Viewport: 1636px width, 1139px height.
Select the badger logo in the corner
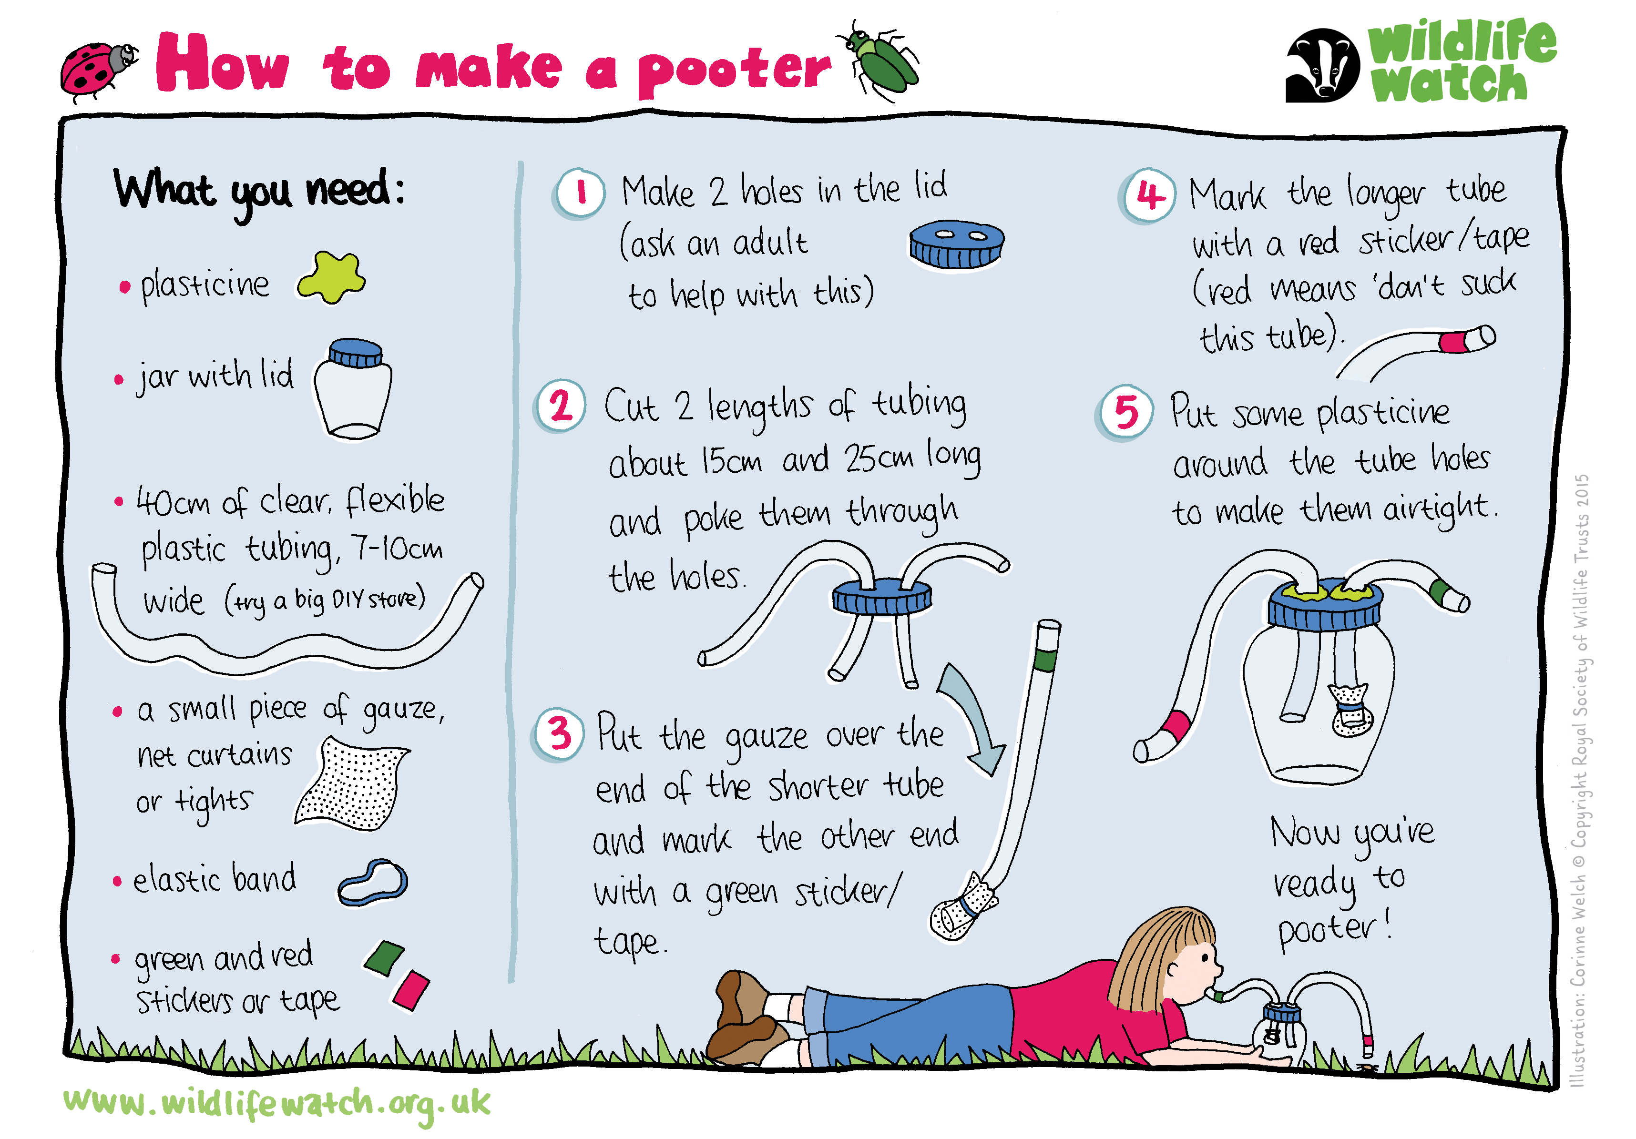tap(1322, 66)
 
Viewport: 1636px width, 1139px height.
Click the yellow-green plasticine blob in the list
tap(331, 278)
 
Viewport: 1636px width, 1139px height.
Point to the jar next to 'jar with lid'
tap(353, 389)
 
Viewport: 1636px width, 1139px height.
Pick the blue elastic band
tap(373, 882)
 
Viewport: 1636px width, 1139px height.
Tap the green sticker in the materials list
tap(384, 958)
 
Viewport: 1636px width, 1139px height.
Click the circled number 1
tap(580, 193)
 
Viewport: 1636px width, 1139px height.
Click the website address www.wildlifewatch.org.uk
tap(276, 1104)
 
